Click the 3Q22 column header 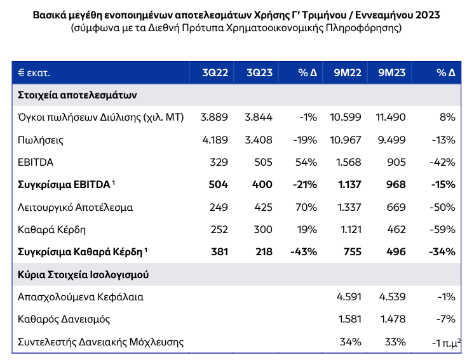pos(215,72)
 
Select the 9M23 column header pos(391,72)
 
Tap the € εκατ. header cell pos(34,73)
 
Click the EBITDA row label pos(36,162)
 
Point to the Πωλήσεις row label pos(41,140)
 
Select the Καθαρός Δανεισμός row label pos(64,319)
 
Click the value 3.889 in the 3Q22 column pos(214,117)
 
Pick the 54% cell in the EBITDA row pos(306,162)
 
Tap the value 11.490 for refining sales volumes pos(391,117)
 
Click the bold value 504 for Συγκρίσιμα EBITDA pos(219,185)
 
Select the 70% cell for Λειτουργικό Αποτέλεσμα pos(306,207)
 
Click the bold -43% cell pos(304,251)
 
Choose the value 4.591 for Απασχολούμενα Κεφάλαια pos(349,297)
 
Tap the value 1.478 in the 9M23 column pos(393,319)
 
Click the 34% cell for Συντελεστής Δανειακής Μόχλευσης pos(351,342)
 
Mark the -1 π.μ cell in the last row pos(446,343)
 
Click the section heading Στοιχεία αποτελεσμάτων pos(77,95)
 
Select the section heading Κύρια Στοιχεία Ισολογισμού pos(83,275)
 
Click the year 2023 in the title pos(428,15)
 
